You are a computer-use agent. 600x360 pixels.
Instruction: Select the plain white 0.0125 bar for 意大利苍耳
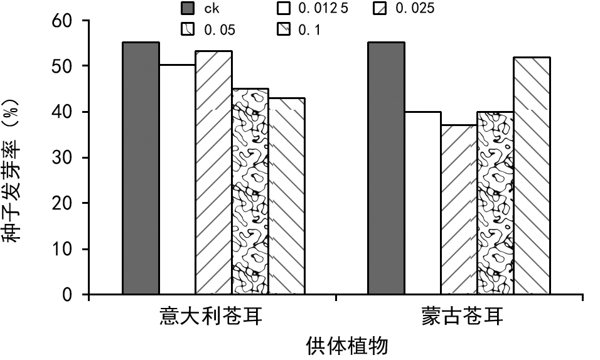177,179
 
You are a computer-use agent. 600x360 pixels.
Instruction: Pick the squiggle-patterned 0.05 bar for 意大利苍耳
250,191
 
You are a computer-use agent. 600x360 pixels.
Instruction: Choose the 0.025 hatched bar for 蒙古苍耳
458,209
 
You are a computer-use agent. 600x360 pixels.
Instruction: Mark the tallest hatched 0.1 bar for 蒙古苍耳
531,176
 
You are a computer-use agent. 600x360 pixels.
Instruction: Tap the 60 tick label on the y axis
65,21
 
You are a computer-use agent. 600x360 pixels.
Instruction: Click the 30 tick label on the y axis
65,157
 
